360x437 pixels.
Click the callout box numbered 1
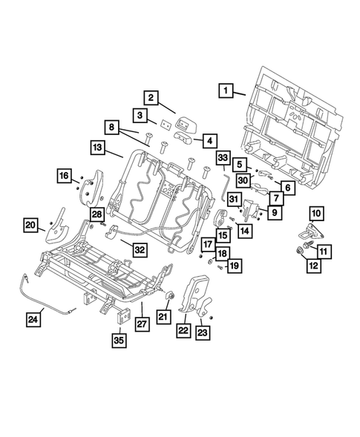pyautogui.click(x=223, y=92)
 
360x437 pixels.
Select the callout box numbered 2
pyautogui.click(x=150, y=97)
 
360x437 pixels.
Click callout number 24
pyautogui.click(x=32, y=320)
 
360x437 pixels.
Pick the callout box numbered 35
pyautogui.click(x=119, y=341)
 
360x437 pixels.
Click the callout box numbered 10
pyautogui.click(x=316, y=214)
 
